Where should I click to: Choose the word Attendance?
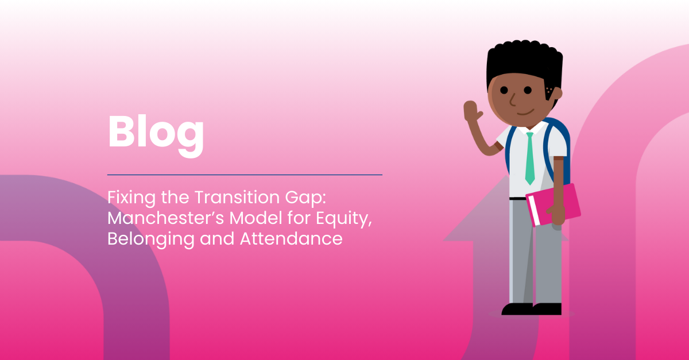(291, 238)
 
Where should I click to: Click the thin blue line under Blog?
(245, 175)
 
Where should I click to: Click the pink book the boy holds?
(553, 204)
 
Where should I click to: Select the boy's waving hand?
(472, 111)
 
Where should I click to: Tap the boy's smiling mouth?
(525, 113)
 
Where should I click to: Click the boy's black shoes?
(532, 309)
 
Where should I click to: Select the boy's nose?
(512, 99)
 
